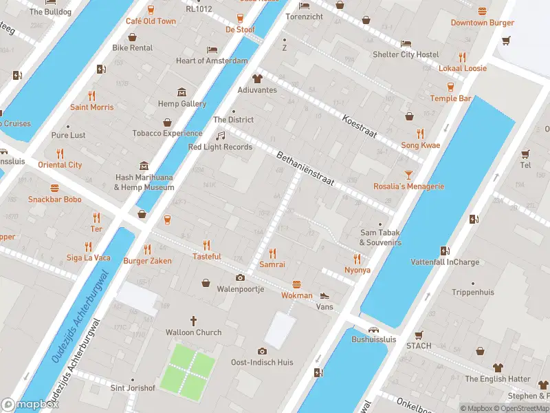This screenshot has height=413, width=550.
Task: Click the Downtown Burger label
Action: tap(482, 23)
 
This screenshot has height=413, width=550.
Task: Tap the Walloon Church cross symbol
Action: tap(194, 320)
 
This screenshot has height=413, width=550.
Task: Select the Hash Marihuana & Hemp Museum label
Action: tap(144, 182)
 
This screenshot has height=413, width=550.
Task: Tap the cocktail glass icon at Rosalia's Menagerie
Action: tap(408, 175)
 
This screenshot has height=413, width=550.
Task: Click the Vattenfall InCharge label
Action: tap(445, 262)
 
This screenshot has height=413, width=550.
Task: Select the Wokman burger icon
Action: tap(297, 284)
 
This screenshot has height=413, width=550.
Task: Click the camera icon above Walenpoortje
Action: tap(240, 277)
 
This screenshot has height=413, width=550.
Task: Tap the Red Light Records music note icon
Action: tap(221, 136)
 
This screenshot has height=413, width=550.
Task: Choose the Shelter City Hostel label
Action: tap(405, 54)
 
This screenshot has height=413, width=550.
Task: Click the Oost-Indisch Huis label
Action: tap(262, 362)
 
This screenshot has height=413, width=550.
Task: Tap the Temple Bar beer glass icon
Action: tap(451, 87)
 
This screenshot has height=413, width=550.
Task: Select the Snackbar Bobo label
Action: tap(54, 200)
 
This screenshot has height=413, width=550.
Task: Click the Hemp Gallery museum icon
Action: tap(182, 92)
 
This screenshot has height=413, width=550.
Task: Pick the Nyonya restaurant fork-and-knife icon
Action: tap(357, 259)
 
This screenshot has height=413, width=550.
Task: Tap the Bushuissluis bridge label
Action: tap(373, 339)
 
